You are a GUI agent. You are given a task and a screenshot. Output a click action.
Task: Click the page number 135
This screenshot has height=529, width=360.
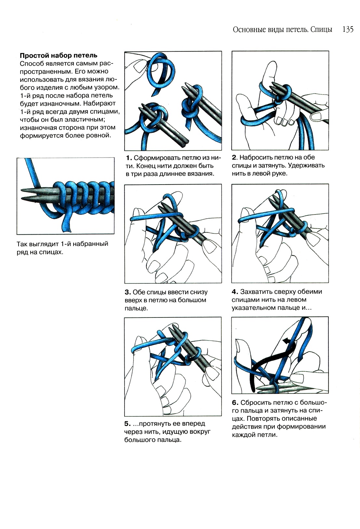348,30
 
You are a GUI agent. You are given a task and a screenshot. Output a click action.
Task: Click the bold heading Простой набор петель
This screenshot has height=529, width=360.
59,55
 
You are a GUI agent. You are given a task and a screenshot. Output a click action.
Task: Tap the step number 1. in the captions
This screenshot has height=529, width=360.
129,158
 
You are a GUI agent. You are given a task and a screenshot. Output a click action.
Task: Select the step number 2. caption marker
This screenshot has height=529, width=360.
234,158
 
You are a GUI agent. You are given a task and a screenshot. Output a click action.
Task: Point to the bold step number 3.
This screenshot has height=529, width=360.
128,292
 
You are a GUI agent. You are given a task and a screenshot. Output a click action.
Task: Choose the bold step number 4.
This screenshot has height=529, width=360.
235,291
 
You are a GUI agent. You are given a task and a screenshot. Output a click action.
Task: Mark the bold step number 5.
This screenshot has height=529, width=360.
127,424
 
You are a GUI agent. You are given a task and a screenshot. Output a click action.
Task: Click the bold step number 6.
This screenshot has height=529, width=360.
235,403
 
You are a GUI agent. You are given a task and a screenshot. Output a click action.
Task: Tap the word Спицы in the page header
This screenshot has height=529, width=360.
321,30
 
